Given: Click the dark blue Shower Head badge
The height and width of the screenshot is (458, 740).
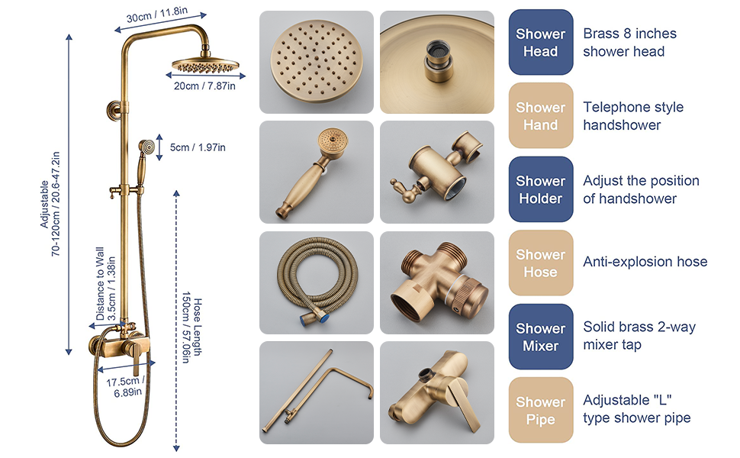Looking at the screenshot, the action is [x=540, y=42].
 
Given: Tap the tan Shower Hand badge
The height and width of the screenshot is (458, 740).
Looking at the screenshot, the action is [x=540, y=115].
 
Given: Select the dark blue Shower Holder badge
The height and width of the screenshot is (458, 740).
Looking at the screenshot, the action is [x=540, y=189].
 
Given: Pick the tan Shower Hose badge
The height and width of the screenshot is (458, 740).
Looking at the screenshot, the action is [x=540, y=263].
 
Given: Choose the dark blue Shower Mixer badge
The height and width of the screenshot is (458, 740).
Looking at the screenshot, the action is [x=540, y=337].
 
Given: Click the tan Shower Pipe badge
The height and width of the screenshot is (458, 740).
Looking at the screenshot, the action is [x=540, y=410].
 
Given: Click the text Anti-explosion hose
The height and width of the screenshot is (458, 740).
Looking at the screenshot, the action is [x=645, y=262].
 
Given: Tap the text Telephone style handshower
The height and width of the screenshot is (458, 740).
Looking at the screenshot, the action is [x=633, y=115].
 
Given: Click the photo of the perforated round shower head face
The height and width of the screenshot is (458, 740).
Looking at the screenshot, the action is [x=316, y=63].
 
